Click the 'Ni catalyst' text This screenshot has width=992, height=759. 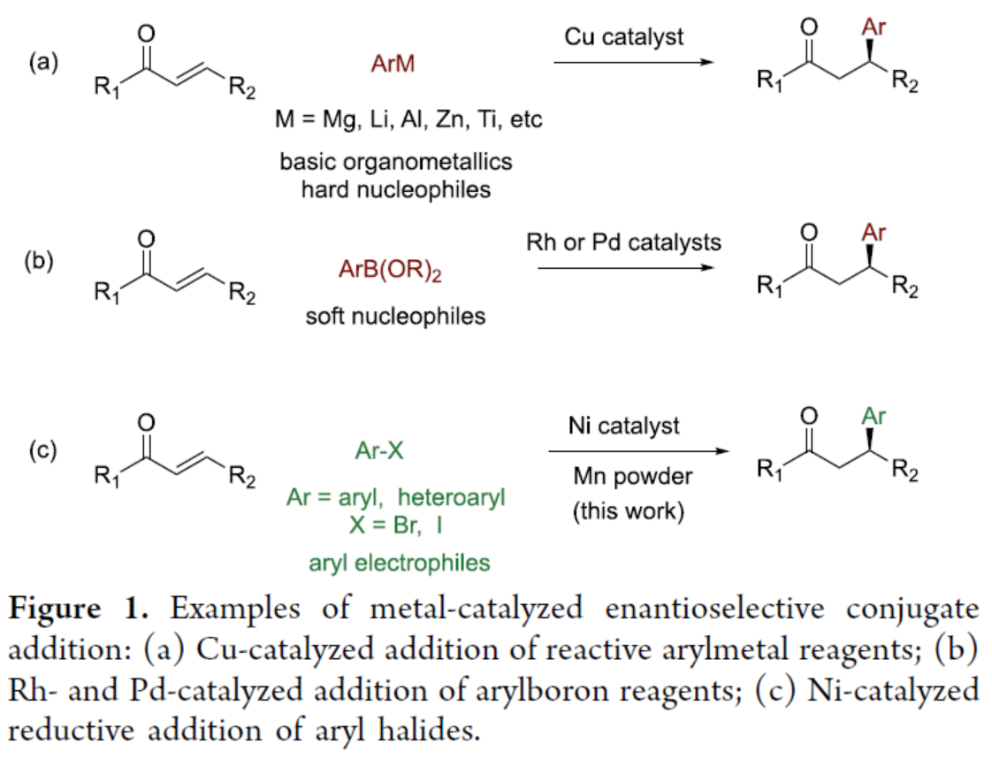(624, 425)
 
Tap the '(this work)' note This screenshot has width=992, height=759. (627, 512)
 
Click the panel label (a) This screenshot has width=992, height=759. (44, 63)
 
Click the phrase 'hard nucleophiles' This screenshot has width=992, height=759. (395, 189)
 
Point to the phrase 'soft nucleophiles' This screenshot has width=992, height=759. (395, 316)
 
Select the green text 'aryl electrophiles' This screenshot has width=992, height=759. (395, 562)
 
